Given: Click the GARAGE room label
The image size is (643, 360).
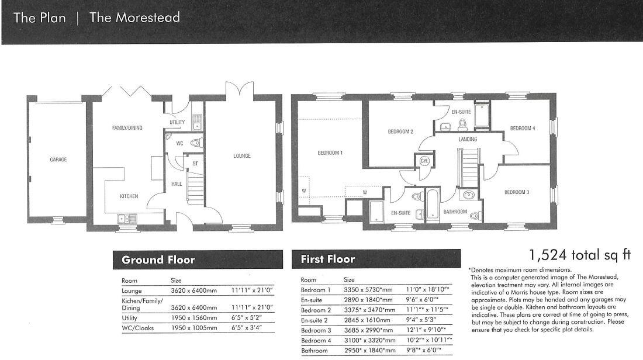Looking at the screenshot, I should (58, 160).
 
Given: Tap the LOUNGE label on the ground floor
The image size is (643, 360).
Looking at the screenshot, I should (241, 156).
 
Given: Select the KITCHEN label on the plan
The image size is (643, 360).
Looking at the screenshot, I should (129, 196).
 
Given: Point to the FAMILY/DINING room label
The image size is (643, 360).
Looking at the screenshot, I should (127, 128).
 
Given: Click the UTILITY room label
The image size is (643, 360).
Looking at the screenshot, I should (177, 123).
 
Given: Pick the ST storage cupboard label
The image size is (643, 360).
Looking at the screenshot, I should (195, 164).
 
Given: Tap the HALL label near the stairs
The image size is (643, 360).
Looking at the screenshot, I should (177, 184).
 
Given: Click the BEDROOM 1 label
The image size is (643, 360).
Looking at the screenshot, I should (330, 153).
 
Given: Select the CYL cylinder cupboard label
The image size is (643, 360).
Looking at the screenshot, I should (424, 160).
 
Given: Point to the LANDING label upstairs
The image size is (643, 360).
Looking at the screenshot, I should (468, 139).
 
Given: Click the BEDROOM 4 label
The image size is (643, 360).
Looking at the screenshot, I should (522, 128).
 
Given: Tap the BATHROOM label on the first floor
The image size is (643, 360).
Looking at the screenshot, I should (455, 212).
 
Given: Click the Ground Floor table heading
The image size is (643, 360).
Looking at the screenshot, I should (158, 259).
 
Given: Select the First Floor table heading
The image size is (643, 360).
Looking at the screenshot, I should (327, 259).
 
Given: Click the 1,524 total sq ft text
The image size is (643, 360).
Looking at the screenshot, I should (580, 255).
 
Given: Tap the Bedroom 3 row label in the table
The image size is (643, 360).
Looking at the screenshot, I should (316, 330).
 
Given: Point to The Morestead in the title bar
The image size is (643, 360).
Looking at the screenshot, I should (134, 18).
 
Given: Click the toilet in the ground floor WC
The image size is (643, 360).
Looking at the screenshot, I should (195, 142).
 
